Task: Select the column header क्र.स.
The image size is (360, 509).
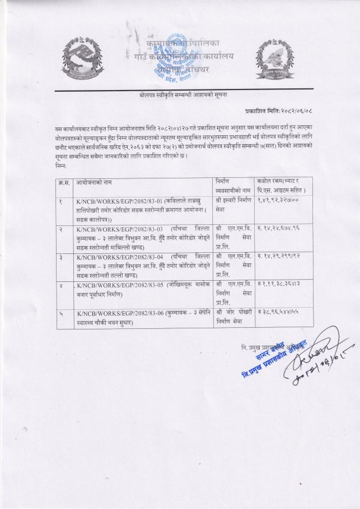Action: (x=64, y=182)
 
